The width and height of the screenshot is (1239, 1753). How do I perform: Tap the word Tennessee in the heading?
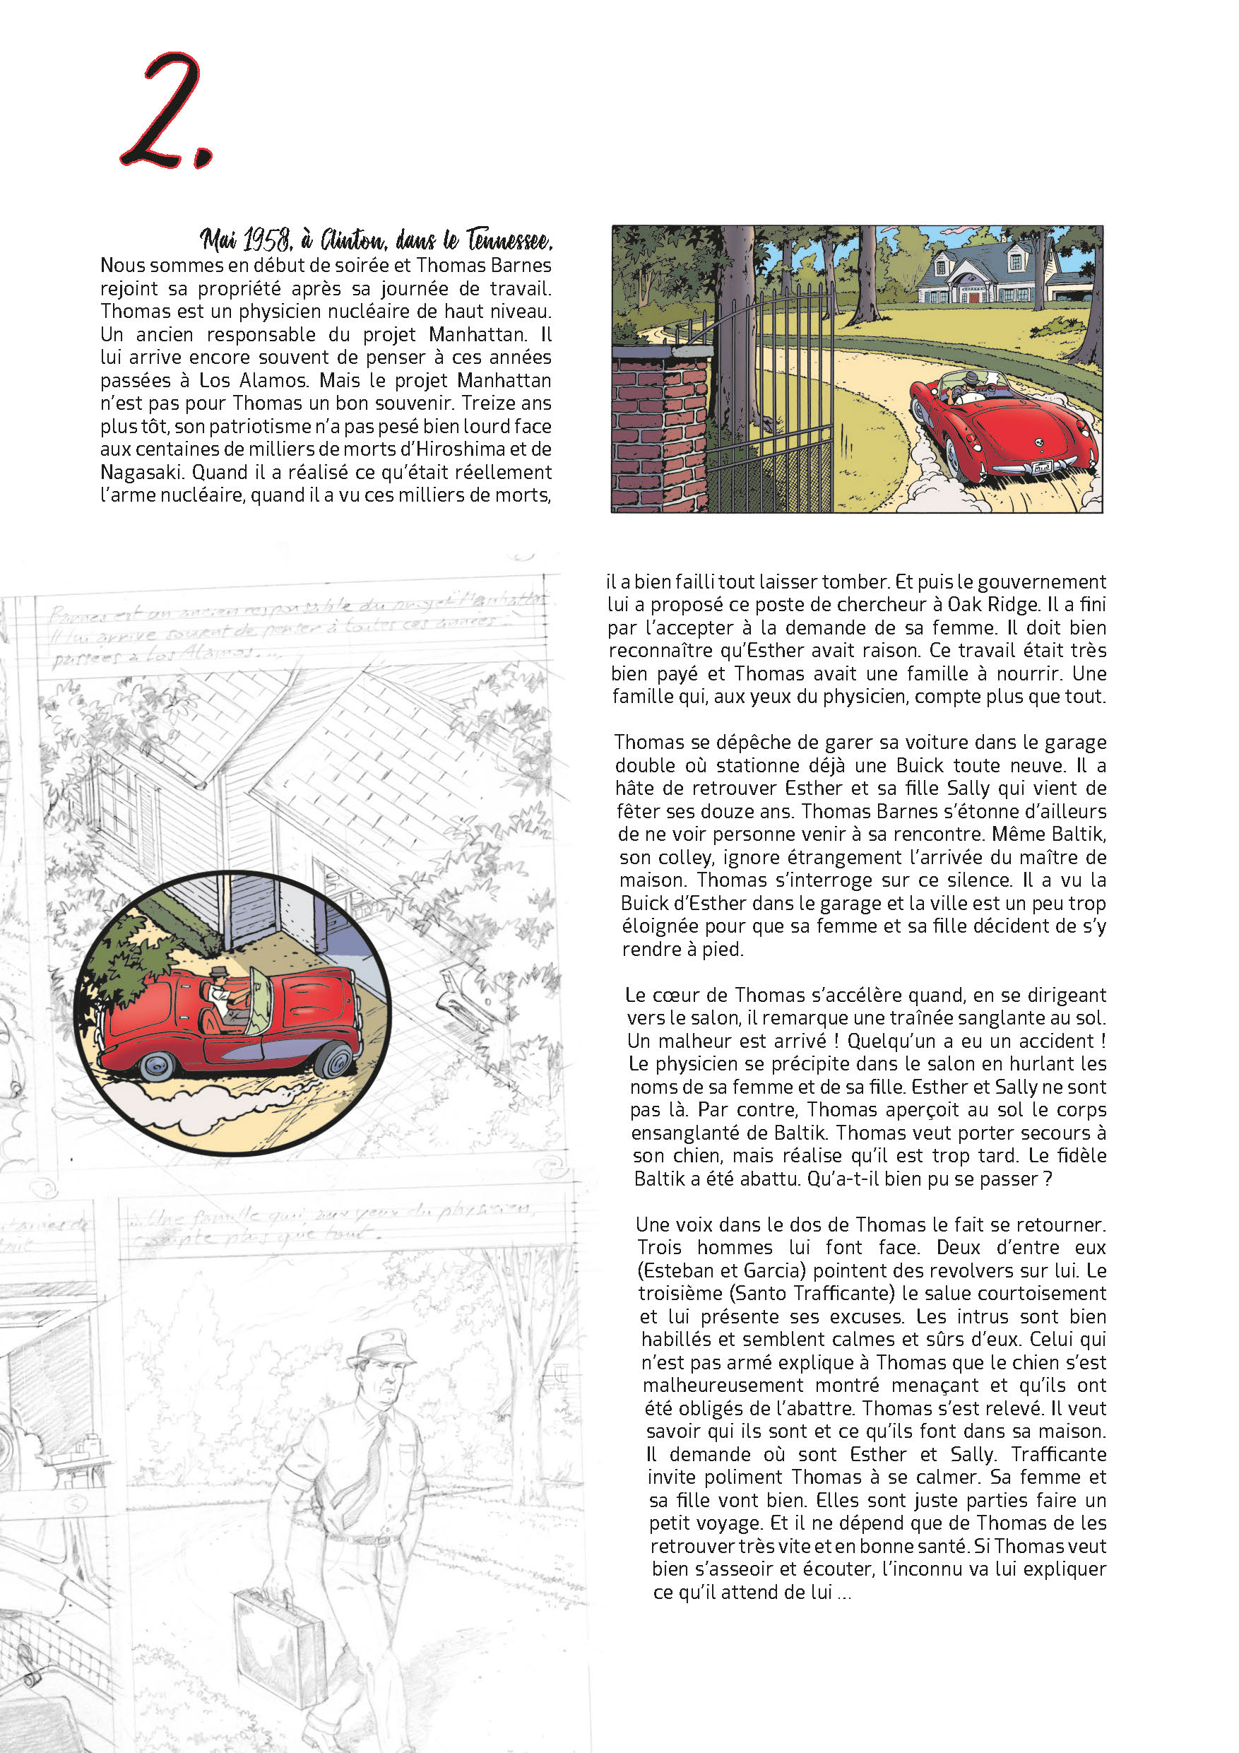coord(509,240)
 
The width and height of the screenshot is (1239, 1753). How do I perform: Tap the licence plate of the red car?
coord(1041,467)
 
